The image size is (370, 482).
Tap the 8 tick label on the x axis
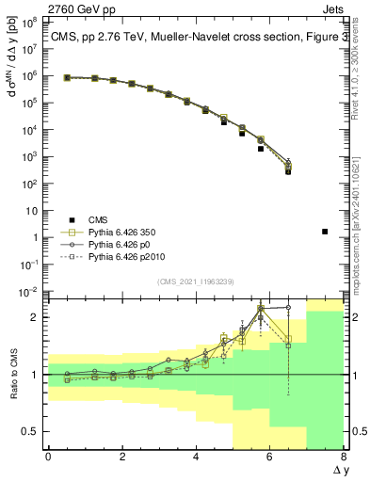344,457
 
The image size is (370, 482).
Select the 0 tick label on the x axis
48,457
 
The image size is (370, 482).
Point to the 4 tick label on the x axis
196,457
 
